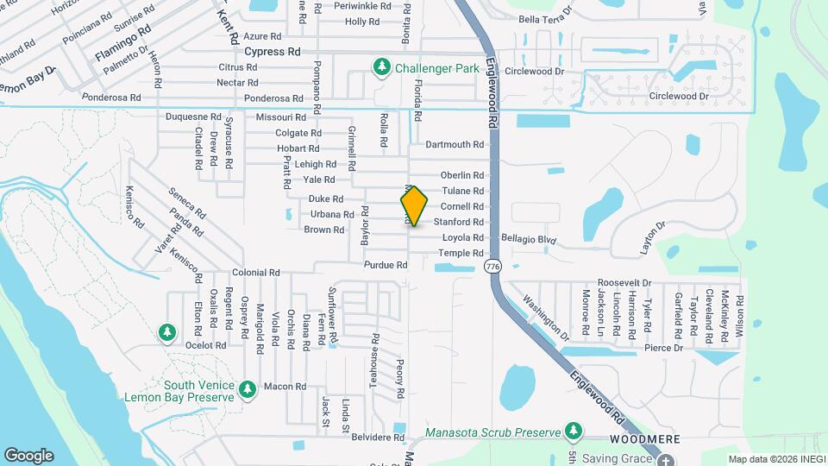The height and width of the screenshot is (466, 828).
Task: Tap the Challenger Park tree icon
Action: [x=380, y=66]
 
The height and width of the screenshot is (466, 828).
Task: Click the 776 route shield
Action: [x=493, y=267]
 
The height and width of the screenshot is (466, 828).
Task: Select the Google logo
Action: [x=28, y=455]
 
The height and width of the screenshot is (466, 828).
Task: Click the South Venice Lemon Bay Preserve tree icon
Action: [x=248, y=390]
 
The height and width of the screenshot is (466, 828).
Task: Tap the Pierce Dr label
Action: [x=665, y=348]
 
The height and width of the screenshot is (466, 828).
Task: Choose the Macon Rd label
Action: [x=285, y=387]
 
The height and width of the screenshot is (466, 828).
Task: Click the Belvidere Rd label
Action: [x=377, y=438]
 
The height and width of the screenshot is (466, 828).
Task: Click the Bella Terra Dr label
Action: [x=545, y=18]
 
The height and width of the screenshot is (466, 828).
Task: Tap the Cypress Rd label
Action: [x=272, y=52]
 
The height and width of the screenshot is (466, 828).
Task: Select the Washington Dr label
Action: [x=546, y=318]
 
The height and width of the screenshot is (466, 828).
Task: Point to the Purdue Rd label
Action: [x=385, y=265]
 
